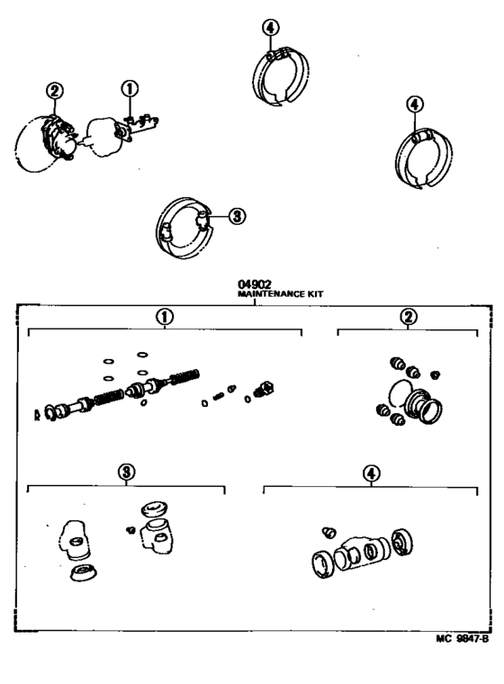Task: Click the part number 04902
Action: click(254, 284)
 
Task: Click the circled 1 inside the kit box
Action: click(164, 317)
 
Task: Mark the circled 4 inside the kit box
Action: click(371, 472)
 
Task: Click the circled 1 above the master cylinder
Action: click(130, 89)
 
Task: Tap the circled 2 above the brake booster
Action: click(54, 90)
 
